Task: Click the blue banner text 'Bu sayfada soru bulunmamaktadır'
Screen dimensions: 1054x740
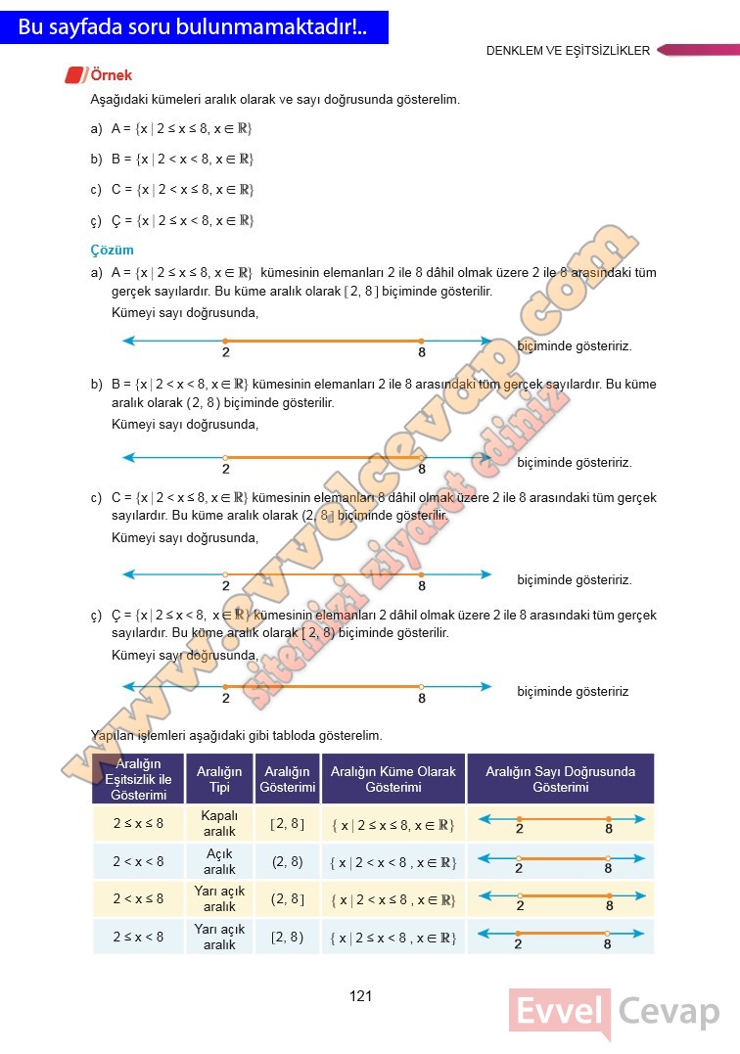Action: pyautogui.click(x=192, y=28)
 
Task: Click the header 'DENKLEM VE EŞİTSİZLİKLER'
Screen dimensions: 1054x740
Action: pyautogui.click(x=568, y=51)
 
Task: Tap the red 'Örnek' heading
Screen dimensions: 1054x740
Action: pyautogui.click(x=111, y=75)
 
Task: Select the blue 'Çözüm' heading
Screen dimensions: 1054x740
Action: pyautogui.click(x=112, y=251)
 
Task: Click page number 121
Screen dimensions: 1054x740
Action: pyautogui.click(x=360, y=996)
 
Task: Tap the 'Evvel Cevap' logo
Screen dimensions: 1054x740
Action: pyautogui.click(x=615, y=1012)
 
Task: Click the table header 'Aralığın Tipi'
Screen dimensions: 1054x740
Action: pyautogui.click(x=219, y=779)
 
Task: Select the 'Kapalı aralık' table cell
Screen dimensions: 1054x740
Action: pyautogui.click(x=219, y=823)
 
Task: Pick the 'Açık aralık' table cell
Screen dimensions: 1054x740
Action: pyautogui.click(x=219, y=861)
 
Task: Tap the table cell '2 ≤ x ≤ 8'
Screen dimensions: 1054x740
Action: pyautogui.click(x=138, y=824)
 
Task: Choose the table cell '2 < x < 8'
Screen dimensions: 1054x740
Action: pyautogui.click(x=138, y=862)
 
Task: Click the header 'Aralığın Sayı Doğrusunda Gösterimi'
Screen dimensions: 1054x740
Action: pyautogui.click(x=560, y=779)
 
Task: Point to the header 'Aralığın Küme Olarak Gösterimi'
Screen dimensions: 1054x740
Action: pyautogui.click(x=393, y=779)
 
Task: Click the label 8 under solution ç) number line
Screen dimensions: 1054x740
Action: pyautogui.click(x=422, y=699)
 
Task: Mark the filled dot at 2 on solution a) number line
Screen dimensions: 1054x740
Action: pyautogui.click(x=226, y=341)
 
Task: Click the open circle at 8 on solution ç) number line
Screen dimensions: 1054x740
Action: pyautogui.click(x=421, y=687)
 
